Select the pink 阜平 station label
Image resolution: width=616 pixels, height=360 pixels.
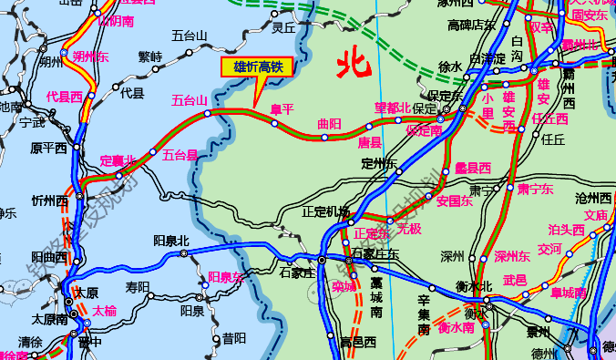282,109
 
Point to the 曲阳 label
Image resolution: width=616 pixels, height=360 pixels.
329,123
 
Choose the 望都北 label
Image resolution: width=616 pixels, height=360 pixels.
393,108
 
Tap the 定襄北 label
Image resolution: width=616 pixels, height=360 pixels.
117,161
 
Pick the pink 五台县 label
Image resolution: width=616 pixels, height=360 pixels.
180,155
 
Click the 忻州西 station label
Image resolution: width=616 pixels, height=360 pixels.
49,201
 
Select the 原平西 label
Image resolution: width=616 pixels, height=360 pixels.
49,148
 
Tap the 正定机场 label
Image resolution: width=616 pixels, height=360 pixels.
325,212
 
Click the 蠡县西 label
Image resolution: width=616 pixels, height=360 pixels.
473,168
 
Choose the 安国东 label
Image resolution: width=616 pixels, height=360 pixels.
454,201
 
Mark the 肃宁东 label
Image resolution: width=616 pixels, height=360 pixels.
535,190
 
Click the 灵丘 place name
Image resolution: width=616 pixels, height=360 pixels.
284,28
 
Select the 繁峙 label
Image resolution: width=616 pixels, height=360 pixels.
150,57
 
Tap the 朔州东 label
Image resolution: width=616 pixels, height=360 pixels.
90,57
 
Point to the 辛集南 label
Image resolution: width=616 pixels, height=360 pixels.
424,313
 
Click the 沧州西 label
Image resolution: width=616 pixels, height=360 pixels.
593,198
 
